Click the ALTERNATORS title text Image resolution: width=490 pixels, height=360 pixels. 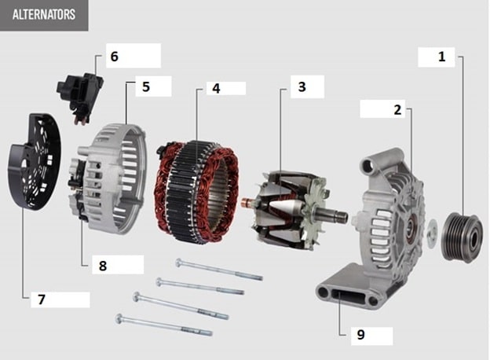click(44, 14)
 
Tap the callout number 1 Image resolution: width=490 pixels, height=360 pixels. click(441, 57)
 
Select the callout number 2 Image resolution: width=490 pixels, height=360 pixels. click(397, 110)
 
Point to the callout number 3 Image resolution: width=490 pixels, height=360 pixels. click(302, 86)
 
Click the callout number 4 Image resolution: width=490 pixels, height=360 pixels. click(216, 89)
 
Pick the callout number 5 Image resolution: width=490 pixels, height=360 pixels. click(146, 86)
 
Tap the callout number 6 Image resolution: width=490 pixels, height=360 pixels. click(115, 57)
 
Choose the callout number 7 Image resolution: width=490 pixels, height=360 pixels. click(42, 299)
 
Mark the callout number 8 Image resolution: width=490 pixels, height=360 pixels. click(103, 266)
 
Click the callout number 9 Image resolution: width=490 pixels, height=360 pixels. click(360, 335)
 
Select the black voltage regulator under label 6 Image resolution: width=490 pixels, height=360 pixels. click(80, 96)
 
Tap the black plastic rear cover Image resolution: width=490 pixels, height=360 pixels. click(34, 162)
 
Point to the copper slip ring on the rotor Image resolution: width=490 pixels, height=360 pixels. click(248, 203)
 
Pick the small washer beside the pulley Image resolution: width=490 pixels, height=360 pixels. click(432, 233)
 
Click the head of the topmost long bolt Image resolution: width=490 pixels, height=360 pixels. click(179, 263)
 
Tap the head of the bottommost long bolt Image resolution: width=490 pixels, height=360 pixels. click(119, 318)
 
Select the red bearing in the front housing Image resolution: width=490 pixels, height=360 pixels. click(410, 230)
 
